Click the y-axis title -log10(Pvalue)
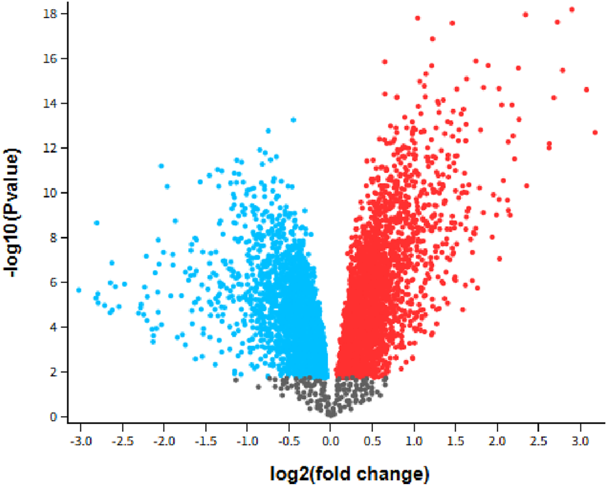tap(15, 215)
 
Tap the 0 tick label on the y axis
tap(56, 416)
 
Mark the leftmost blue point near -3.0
tap(79, 290)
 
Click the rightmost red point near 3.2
tap(595, 132)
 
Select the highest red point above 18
tap(572, 10)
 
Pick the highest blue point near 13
tap(293, 120)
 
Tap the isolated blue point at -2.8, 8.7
tap(96, 223)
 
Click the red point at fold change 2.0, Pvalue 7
tap(499, 259)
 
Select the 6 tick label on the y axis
tap(56, 282)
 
